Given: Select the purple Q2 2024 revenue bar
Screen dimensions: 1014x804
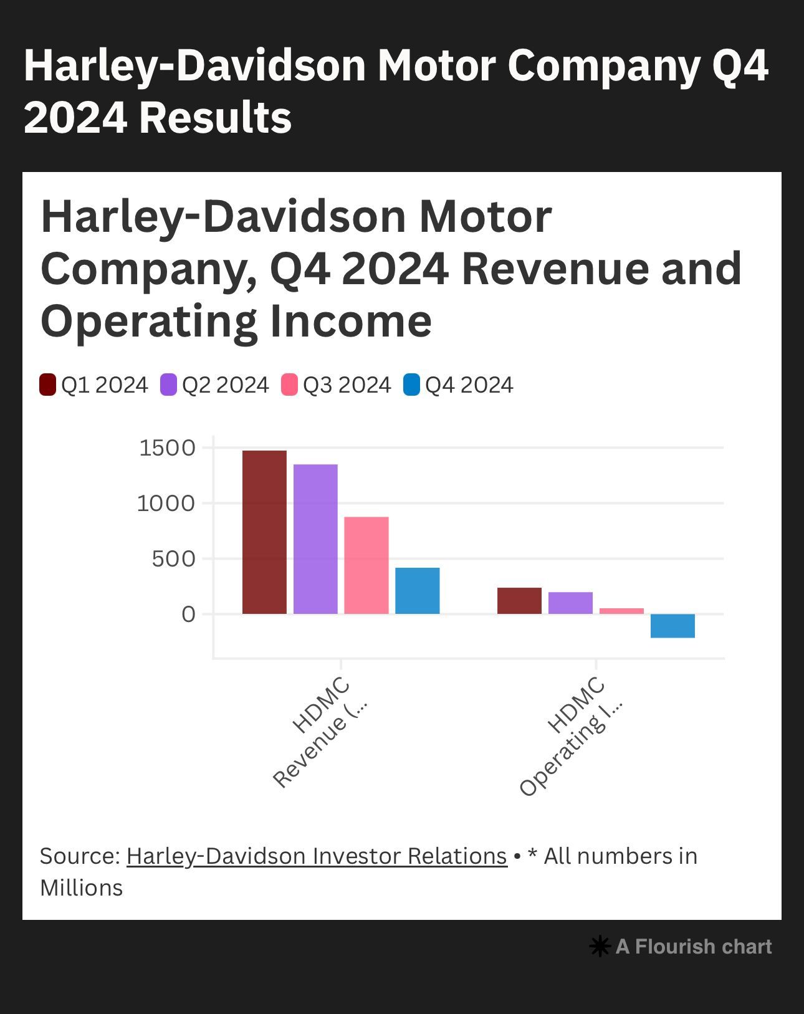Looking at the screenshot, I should pos(315,538).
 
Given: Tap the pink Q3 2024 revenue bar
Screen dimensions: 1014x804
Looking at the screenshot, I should pos(366,565).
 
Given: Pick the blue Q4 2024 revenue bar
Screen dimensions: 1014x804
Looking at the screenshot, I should pos(418,590).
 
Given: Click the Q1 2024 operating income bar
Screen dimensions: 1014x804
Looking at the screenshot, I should pos(519,601).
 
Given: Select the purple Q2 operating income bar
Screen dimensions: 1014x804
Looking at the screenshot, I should pos(570,603).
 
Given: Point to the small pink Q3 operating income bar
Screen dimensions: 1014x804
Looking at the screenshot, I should pos(621,611).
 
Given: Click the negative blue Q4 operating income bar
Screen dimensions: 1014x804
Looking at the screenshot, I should pos(672,626).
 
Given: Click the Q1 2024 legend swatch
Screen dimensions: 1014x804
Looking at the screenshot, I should pos(48,385).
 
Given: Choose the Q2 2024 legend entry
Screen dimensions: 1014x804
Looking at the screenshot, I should pos(214,385).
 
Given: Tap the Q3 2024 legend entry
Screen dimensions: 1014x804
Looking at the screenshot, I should pos(336,385).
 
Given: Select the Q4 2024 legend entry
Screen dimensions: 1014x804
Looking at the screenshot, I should pos(458,385).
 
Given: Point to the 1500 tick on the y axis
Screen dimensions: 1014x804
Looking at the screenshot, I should pos(167,447).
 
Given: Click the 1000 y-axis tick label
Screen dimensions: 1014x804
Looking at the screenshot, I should pos(166,503).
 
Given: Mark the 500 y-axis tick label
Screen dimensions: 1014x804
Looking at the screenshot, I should pos(173,558).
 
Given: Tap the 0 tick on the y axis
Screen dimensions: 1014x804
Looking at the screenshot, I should pos(188,615).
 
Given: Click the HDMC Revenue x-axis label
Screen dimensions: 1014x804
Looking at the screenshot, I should pos(321,732).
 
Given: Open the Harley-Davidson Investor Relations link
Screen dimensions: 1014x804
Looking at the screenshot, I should pos(317,856).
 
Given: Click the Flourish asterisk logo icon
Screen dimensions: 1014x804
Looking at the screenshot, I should pos(599,947).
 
